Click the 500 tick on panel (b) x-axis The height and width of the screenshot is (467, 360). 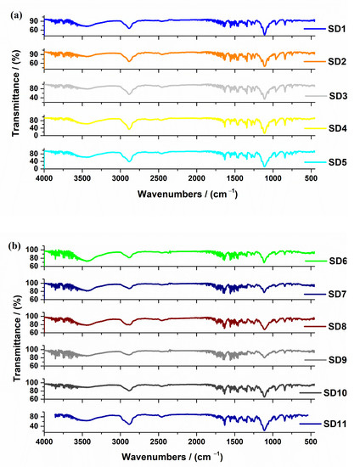click(311, 442)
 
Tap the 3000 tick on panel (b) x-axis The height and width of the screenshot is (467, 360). click(120, 442)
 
